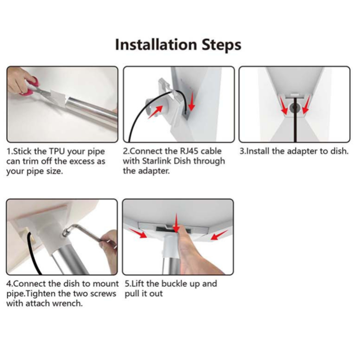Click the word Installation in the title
pyautogui.click(x=156, y=45)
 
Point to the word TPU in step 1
pyautogui.click(x=57, y=152)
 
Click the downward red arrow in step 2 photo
pyautogui.click(x=191, y=103)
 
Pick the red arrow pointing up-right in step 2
pyautogui.click(x=155, y=112)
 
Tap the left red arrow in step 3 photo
pyautogui.click(x=284, y=105)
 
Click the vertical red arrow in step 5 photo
pyautogui.click(x=176, y=223)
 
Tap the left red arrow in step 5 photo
pyautogui.click(x=138, y=233)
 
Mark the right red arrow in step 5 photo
pyautogui.click(x=219, y=235)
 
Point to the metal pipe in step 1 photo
pyautogui.click(x=92, y=112)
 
